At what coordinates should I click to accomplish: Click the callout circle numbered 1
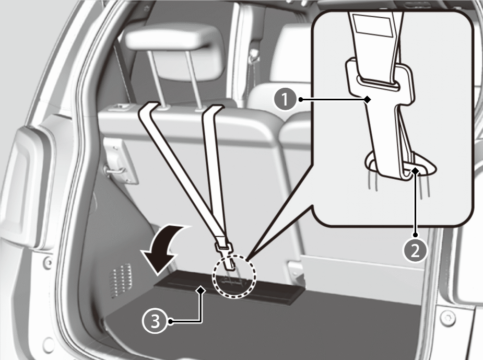pos(285,99)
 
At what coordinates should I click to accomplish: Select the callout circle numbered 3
pos(155,322)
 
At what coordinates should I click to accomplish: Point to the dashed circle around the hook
pos(234,276)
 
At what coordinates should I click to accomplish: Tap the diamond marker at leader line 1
pos(367,99)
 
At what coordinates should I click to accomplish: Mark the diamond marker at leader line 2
pos(416,170)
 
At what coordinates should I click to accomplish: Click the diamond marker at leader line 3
pos(201,290)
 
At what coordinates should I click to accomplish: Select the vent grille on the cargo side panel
pos(121,280)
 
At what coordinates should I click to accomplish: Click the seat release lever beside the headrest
pos(121,107)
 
